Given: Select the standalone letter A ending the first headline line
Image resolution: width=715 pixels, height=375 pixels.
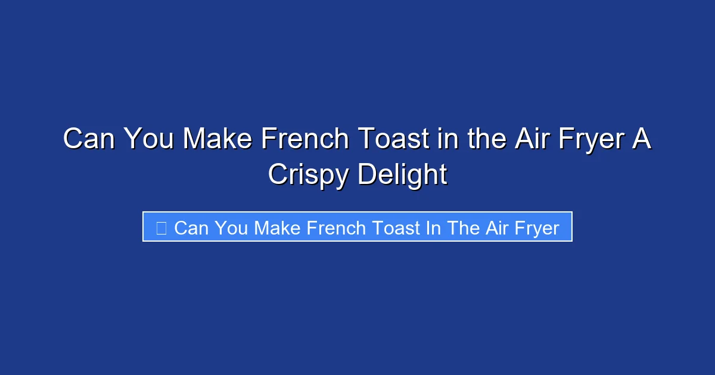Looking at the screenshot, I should pos(643,139).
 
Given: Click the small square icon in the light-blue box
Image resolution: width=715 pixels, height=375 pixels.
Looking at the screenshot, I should pos(161,227).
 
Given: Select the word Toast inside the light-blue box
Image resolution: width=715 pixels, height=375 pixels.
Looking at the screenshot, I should pos(396,227).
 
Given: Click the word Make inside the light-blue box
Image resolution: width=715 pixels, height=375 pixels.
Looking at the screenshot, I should pos(278,227).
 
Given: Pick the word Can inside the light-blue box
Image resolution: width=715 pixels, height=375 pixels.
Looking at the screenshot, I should pos(190,227).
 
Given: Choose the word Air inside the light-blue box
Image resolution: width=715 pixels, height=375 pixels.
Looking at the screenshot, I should pos(496,227).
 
